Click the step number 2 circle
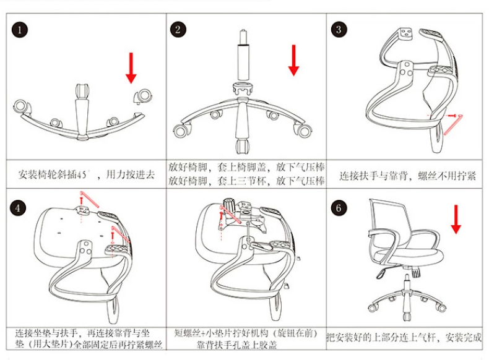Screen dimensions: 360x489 (x=179, y=30)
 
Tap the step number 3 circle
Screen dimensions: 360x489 (x=339, y=30)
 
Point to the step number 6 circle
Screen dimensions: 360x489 (x=339, y=207)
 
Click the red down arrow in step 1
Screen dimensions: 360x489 (x=131, y=67)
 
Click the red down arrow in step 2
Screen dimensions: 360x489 (x=294, y=61)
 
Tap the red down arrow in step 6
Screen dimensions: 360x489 (x=456, y=219)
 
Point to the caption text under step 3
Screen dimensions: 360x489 (x=407, y=176)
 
